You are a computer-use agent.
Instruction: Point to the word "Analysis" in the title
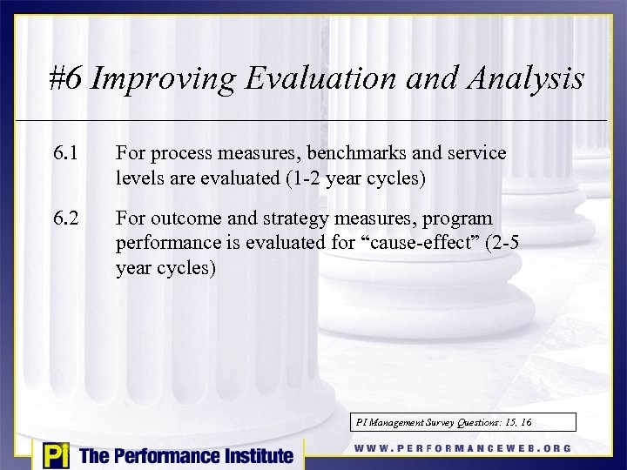[x=528, y=80]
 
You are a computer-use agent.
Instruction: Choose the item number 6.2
[x=65, y=218]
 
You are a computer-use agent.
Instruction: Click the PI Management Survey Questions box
[x=464, y=422]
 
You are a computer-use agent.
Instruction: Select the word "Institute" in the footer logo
[x=252, y=455]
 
